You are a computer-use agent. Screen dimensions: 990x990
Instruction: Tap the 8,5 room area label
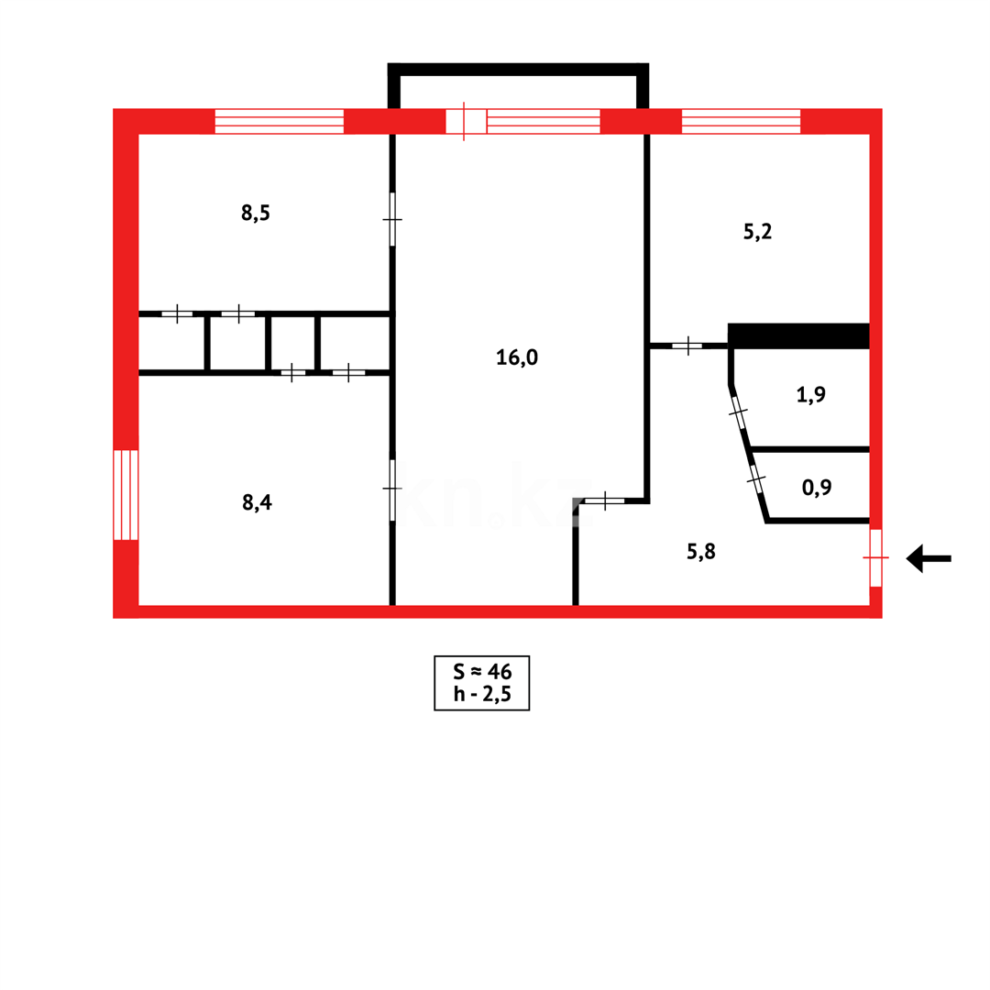click(255, 214)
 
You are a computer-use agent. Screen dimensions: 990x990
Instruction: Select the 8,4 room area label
click(257, 502)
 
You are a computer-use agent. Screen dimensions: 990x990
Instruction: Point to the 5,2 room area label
click(757, 232)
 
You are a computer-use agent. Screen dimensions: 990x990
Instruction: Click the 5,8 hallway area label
click(701, 551)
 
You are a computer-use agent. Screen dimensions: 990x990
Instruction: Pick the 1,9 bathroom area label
click(811, 395)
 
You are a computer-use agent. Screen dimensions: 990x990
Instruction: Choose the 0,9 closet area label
click(817, 488)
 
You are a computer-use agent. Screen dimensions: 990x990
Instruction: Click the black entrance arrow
click(927, 558)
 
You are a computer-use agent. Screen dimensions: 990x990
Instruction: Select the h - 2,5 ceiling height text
click(481, 694)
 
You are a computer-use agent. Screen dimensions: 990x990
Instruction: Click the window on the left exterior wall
click(126, 495)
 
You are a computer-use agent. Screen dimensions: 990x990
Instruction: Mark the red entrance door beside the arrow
click(875, 557)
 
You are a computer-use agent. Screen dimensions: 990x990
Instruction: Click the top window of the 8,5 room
click(279, 121)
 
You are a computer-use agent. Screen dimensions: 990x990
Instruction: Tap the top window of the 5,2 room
click(741, 121)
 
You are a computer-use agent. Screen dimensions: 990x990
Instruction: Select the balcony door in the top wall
click(466, 121)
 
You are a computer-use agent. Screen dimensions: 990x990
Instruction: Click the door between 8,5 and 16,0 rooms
click(392, 220)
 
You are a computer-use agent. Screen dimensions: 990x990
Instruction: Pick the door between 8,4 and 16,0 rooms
click(392, 489)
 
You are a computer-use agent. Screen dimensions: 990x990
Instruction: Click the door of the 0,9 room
click(756, 478)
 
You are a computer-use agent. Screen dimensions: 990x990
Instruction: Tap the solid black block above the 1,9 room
click(798, 335)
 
